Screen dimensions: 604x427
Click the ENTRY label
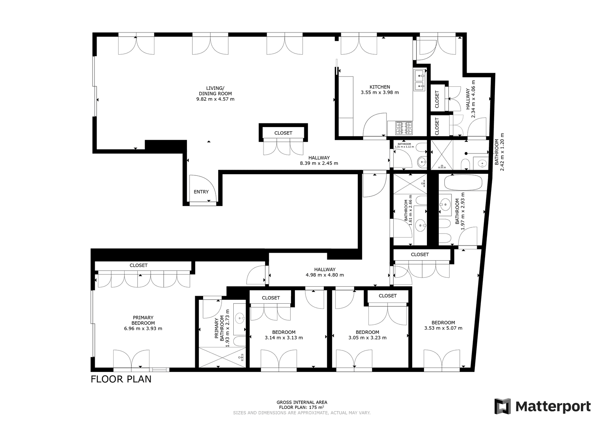pyautogui.click(x=201, y=192)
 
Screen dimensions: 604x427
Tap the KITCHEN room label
pyautogui.click(x=380, y=87)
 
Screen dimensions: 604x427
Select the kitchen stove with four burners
pyautogui.click(x=404, y=128)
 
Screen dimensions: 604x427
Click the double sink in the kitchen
pyautogui.click(x=420, y=80)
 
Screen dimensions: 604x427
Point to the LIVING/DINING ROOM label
pyautogui.click(x=215, y=91)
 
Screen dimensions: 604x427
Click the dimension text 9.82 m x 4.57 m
pyautogui.click(x=215, y=99)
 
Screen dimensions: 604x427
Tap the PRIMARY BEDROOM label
pyautogui.click(x=143, y=320)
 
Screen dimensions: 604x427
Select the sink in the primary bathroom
pyautogui.click(x=239, y=319)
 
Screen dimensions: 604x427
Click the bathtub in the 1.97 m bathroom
pyautogui.click(x=463, y=183)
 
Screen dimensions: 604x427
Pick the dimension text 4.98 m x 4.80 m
pyautogui.click(x=325, y=275)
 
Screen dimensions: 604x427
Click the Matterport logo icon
pyautogui.click(x=502, y=406)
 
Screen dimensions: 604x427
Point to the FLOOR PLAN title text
pyautogui.click(x=121, y=379)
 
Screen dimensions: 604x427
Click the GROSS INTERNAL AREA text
pyautogui.click(x=302, y=402)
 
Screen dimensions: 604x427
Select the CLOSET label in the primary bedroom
pyautogui.click(x=139, y=265)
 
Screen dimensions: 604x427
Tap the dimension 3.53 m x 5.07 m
pyautogui.click(x=443, y=328)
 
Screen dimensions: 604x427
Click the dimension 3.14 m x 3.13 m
pyautogui.click(x=284, y=338)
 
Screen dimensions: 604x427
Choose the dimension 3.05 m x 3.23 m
pyautogui.click(x=367, y=338)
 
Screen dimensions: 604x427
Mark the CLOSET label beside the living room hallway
pyautogui.click(x=283, y=133)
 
